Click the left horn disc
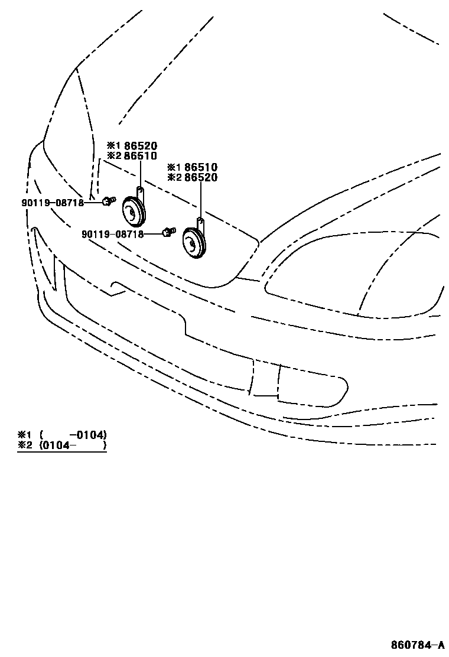pos(134,211)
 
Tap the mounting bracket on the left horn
pos(140,193)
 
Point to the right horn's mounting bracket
pos(200,225)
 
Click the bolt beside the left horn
pos(107,201)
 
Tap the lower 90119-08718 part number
pos(113,234)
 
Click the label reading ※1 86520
pos(132,146)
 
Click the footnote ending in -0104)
pos(62,435)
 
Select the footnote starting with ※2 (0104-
pos(62,445)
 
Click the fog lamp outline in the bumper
pos(313,387)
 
